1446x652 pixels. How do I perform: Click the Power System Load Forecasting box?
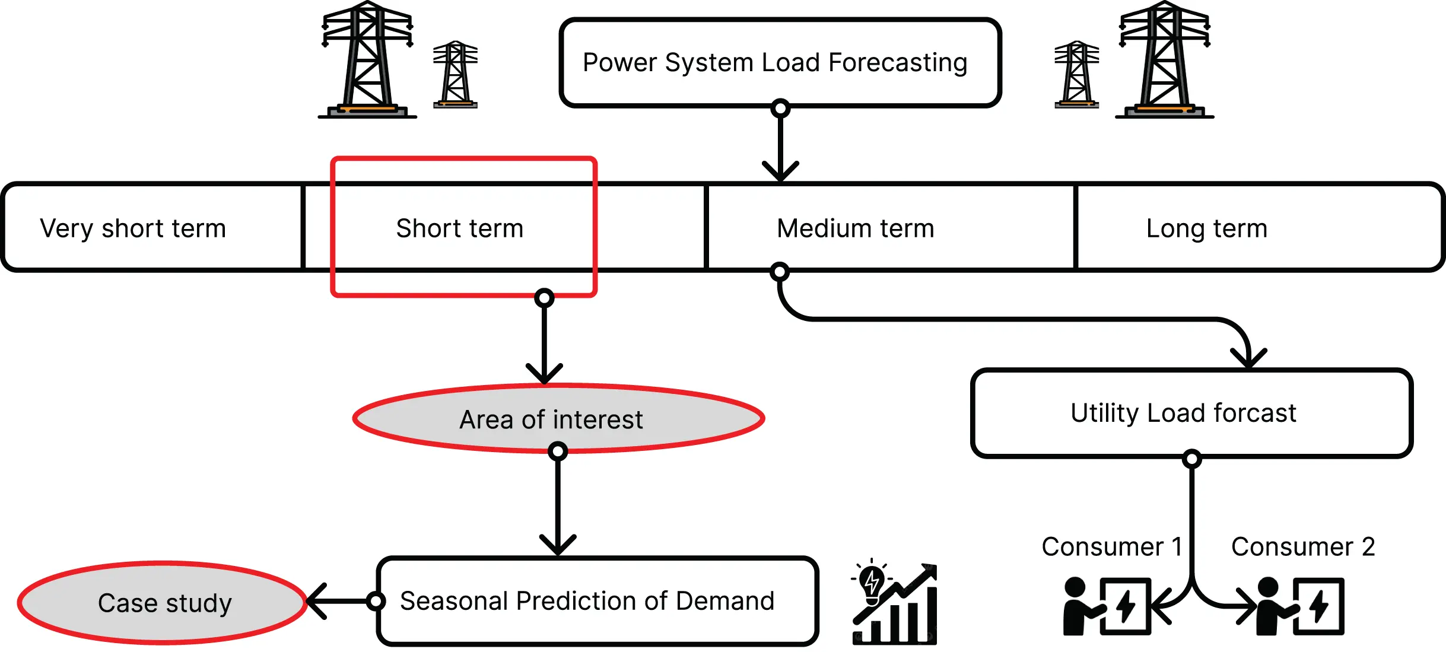click(780, 63)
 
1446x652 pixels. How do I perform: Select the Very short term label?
click(133, 228)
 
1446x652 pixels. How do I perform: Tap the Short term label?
click(460, 228)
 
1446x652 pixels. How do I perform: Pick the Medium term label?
click(855, 228)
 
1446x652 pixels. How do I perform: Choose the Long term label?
click(1206, 228)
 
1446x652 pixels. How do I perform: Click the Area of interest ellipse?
click(558, 419)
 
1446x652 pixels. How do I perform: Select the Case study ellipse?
click(163, 603)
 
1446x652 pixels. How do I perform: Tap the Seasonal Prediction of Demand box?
click(596, 601)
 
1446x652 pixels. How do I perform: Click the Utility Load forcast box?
click(1191, 413)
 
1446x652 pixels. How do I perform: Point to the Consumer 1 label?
click(1111, 546)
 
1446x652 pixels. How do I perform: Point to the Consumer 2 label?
click(1302, 546)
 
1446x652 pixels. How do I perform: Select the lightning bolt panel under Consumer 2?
click(1318, 606)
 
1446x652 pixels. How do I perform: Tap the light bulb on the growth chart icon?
click(872, 582)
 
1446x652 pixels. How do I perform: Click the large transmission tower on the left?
click(367, 59)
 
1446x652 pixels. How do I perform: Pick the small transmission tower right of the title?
click(1076, 74)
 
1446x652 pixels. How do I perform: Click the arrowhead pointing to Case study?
click(316, 602)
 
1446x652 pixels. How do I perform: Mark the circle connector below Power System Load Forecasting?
click(780, 109)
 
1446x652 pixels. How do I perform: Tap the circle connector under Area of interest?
click(558, 451)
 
